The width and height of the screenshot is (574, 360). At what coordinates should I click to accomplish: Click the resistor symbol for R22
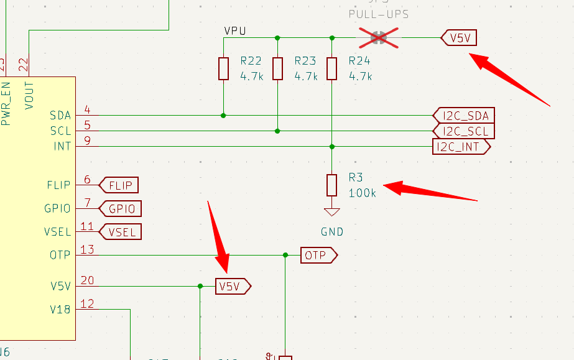coord(223,68)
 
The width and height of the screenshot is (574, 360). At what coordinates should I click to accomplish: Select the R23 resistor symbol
coord(277,68)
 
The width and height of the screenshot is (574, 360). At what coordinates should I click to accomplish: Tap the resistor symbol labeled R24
coord(331,68)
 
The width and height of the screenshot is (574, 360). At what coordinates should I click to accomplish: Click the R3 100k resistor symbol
coord(331,185)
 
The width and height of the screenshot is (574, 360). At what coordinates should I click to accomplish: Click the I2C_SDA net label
coord(463,116)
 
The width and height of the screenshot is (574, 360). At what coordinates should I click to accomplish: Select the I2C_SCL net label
coord(463,131)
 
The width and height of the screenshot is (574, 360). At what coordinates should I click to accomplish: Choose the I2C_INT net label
coord(461,147)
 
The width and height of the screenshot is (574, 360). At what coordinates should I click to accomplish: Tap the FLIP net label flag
coord(119,185)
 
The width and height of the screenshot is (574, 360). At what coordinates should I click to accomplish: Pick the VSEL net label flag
coord(121,232)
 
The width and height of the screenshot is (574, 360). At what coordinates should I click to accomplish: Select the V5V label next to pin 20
coord(233,286)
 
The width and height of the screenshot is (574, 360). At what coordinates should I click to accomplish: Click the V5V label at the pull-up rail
coord(459,38)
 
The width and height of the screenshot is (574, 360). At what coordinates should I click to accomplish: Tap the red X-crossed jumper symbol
coord(379,38)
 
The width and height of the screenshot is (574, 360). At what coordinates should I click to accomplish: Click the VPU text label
coord(236,30)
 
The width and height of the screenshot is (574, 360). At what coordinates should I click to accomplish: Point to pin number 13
coord(87,249)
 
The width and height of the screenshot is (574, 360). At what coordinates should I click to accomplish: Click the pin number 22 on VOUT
coord(23,63)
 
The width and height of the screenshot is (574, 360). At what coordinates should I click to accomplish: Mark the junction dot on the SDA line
coord(223,115)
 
